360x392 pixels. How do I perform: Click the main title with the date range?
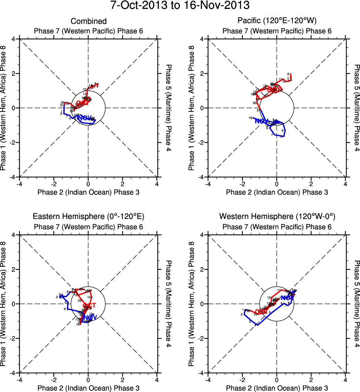coord(180,6)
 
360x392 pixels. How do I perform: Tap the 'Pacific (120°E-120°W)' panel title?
coord(277,21)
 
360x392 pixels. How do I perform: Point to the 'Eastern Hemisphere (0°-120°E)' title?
coord(88,217)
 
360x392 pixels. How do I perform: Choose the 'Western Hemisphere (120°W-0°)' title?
coord(277,217)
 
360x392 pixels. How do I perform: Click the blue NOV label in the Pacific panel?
coord(261,121)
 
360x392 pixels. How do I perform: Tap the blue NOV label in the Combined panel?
coord(85,118)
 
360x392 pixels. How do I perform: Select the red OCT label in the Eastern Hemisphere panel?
coord(89,306)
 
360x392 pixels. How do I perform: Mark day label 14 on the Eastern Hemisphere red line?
coord(89,297)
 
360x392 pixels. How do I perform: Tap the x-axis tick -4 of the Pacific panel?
coord(208,184)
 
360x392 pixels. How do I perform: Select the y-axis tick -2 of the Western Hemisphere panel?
coord(201,338)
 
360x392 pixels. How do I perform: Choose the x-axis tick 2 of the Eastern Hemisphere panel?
coord(123,380)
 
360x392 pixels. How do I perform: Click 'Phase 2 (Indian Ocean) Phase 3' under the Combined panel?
coord(88,192)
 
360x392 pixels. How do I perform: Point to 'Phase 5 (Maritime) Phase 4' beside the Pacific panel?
coord(356,108)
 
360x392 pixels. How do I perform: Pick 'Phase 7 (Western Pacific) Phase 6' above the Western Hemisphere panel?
coord(277,226)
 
